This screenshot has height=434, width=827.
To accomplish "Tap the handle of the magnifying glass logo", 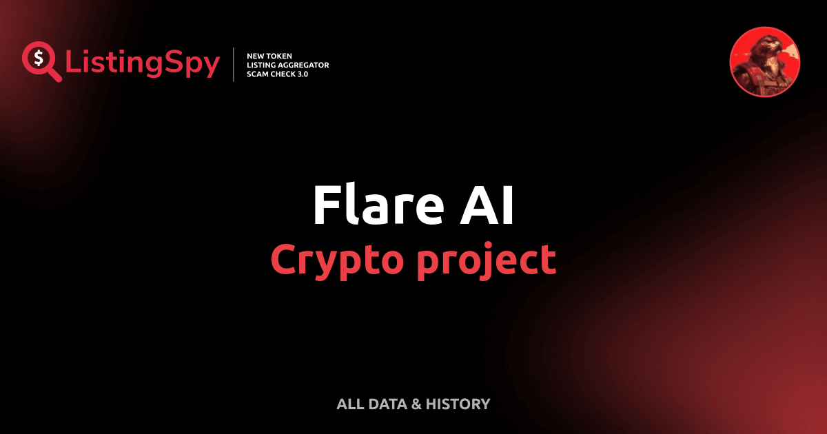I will pyautogui.click(x=54, y=74).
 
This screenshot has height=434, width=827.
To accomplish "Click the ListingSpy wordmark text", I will pyautogui.click(x=143, y=63).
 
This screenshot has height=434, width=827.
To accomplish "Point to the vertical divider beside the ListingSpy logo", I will pyautogui.click(x=234, y=65).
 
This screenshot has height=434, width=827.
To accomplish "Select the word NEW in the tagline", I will pyautogui.click(x=256, y=55).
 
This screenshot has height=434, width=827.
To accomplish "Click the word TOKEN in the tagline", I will pyautogui.click(x=283, y=55).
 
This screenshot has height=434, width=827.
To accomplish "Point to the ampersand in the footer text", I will pyautogui.click(x=416, y=404).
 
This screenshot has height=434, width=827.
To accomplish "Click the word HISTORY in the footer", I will pyautogui.click(x=458, y=404).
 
